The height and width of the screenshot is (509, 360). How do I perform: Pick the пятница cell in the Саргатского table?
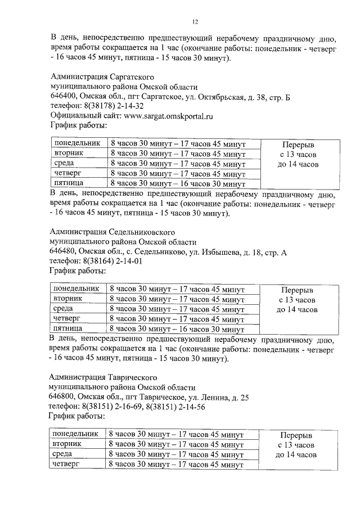(x=68, y=183)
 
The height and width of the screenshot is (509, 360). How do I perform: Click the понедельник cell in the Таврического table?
(x=75, y=434)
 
